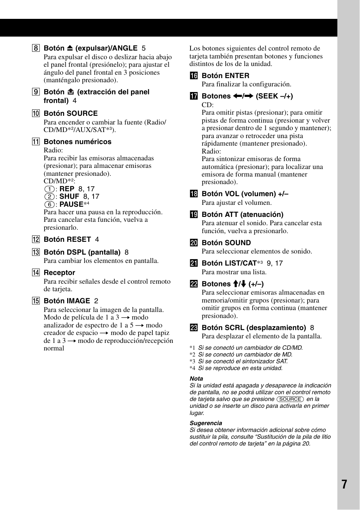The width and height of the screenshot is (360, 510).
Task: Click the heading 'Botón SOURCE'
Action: coord(71,114)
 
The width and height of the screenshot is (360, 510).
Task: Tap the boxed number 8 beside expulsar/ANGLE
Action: coord(36,48)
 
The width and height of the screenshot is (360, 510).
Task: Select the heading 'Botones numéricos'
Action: coord(77,142)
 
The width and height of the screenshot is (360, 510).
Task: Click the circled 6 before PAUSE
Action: coord(49,204)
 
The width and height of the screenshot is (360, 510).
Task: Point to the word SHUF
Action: coord(69,197)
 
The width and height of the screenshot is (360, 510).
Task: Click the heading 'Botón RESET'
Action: coord(67,240)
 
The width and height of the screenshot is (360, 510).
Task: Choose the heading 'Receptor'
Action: coord(59,273)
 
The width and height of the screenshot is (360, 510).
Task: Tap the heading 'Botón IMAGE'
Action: coord(67,301)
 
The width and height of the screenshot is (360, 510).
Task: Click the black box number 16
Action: coord(194,76)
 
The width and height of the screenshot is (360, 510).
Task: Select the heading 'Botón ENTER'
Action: coord(225,76)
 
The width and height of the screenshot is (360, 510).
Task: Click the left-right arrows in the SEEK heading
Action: coord(243,96)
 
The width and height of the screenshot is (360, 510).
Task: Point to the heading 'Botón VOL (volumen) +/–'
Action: coord(245,194)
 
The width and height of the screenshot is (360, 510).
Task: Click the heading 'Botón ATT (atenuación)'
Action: coord(242,215)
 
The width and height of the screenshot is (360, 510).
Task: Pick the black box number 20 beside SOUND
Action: coord(194,243)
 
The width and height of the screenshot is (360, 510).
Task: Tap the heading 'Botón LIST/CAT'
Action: coord(229,263)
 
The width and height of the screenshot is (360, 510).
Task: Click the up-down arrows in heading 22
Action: coord(239,284)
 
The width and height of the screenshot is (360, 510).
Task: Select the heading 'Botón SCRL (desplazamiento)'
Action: coord(254,328)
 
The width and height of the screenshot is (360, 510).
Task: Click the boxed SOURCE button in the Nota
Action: coord(290,399)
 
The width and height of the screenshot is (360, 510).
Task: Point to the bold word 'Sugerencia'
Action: coord(206,423)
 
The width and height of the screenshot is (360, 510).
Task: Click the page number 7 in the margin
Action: coord(344,484)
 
